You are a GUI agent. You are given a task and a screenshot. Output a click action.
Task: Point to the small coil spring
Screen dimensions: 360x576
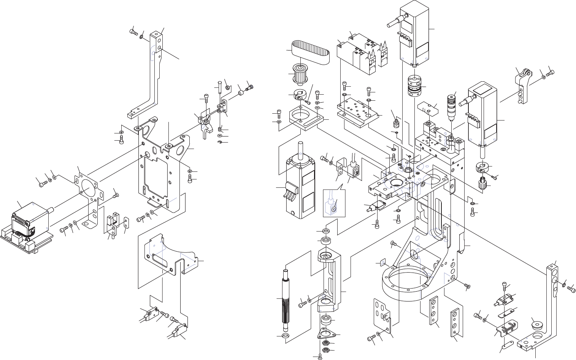coord(220,129)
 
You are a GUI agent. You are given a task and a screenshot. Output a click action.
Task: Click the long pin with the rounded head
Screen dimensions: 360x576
coord(220,88)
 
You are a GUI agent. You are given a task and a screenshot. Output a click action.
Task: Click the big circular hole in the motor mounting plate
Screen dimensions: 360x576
coord(86,187)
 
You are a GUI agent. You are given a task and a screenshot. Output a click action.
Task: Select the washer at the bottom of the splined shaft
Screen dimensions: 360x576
coord(285,336)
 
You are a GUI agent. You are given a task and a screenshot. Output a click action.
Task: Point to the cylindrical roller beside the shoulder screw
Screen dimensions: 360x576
coord(240,92)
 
